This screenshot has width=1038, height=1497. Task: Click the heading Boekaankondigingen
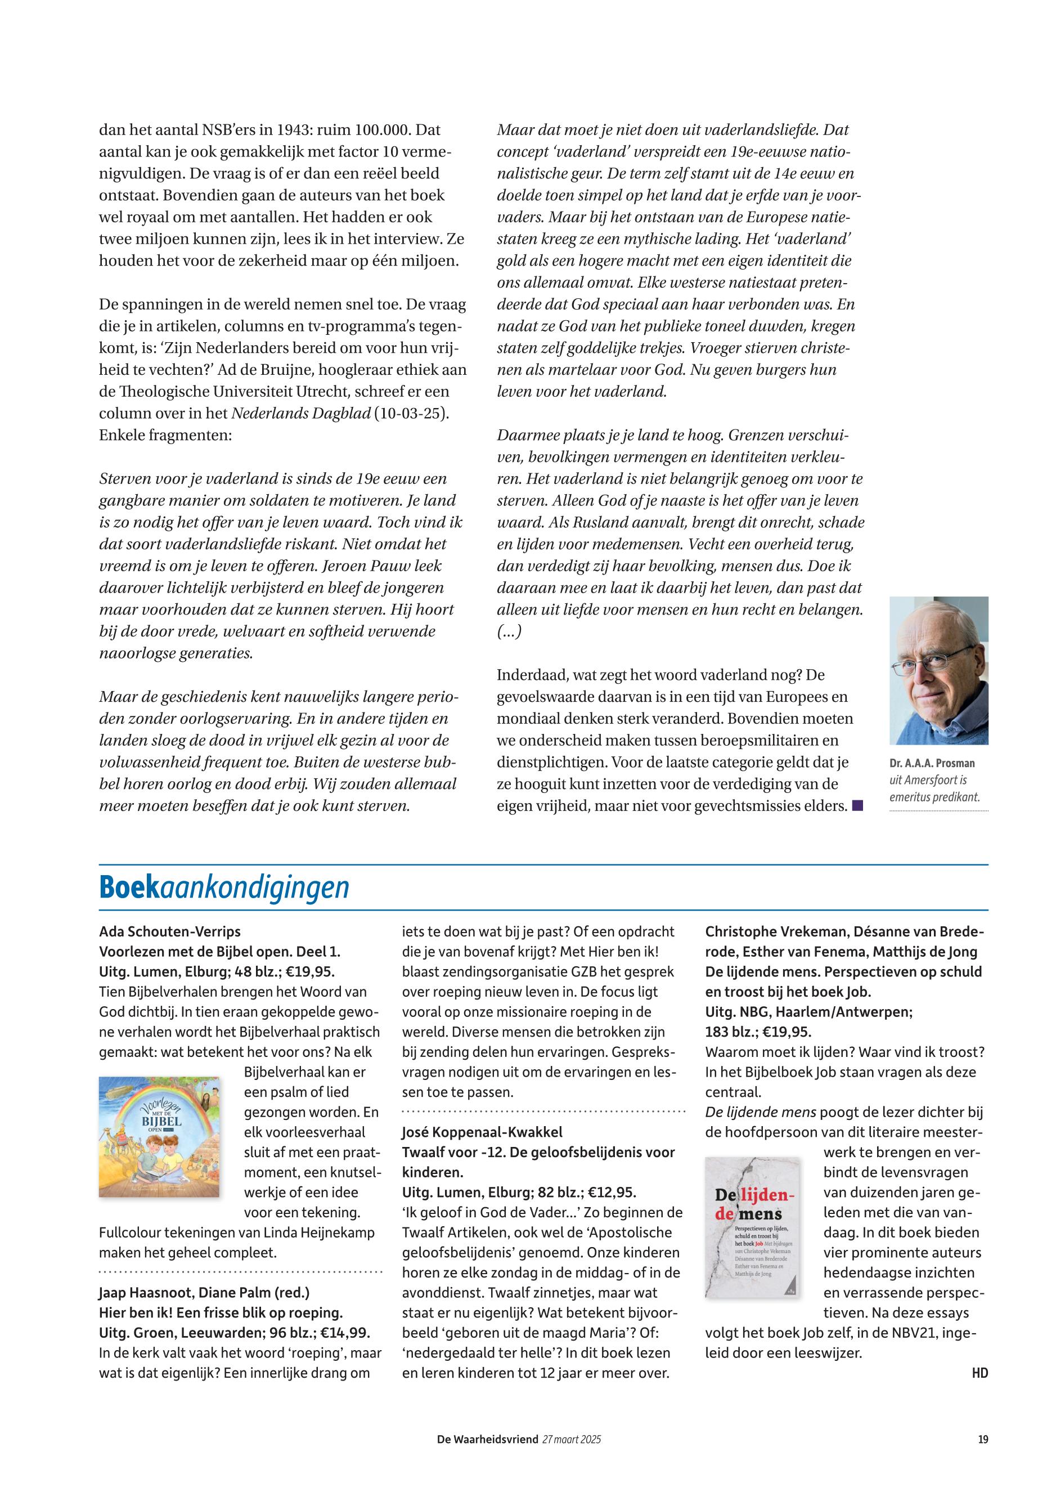click(x=224, y=888)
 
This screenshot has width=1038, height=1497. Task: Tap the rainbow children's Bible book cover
click(x=159, y=1137)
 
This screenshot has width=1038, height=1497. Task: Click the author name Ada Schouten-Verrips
click(x=170, y=931)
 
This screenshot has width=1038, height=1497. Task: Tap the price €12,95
click(x=612, y=1193)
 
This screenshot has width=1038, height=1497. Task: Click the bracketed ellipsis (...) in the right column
click(x=509, y=631)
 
